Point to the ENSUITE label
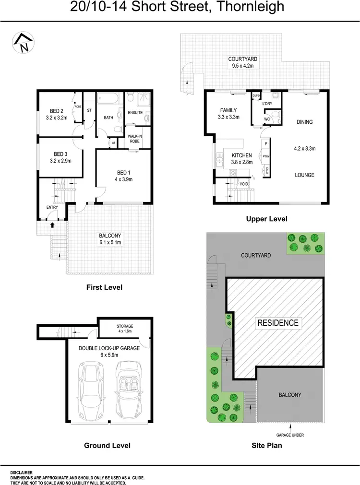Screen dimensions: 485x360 135,113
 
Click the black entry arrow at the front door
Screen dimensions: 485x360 52,224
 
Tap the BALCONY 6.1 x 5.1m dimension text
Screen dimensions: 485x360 109,242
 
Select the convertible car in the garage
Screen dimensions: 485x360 129,387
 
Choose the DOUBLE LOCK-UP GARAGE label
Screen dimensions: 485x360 109,348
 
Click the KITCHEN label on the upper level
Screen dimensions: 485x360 242,155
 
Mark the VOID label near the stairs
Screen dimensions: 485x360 243,184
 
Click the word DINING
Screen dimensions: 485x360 304,122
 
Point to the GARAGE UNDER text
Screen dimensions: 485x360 290,435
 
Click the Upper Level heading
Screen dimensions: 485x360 266,219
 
